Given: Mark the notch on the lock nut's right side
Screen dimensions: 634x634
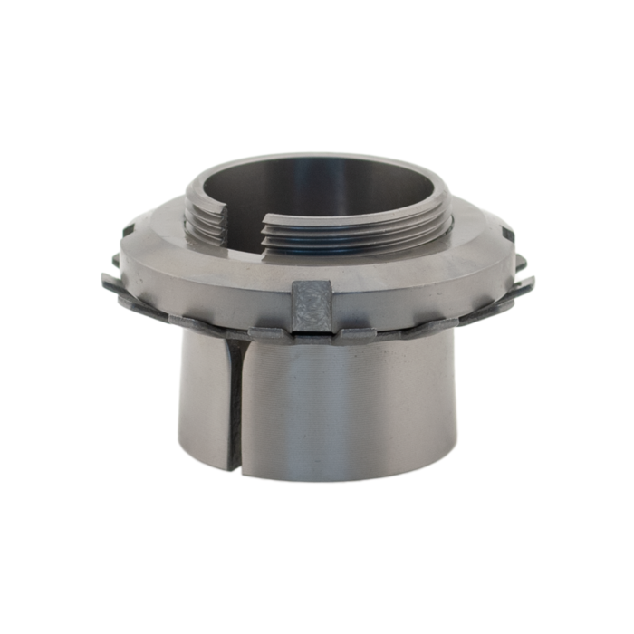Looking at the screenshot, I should pyautogui.click(x=507, y=235).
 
